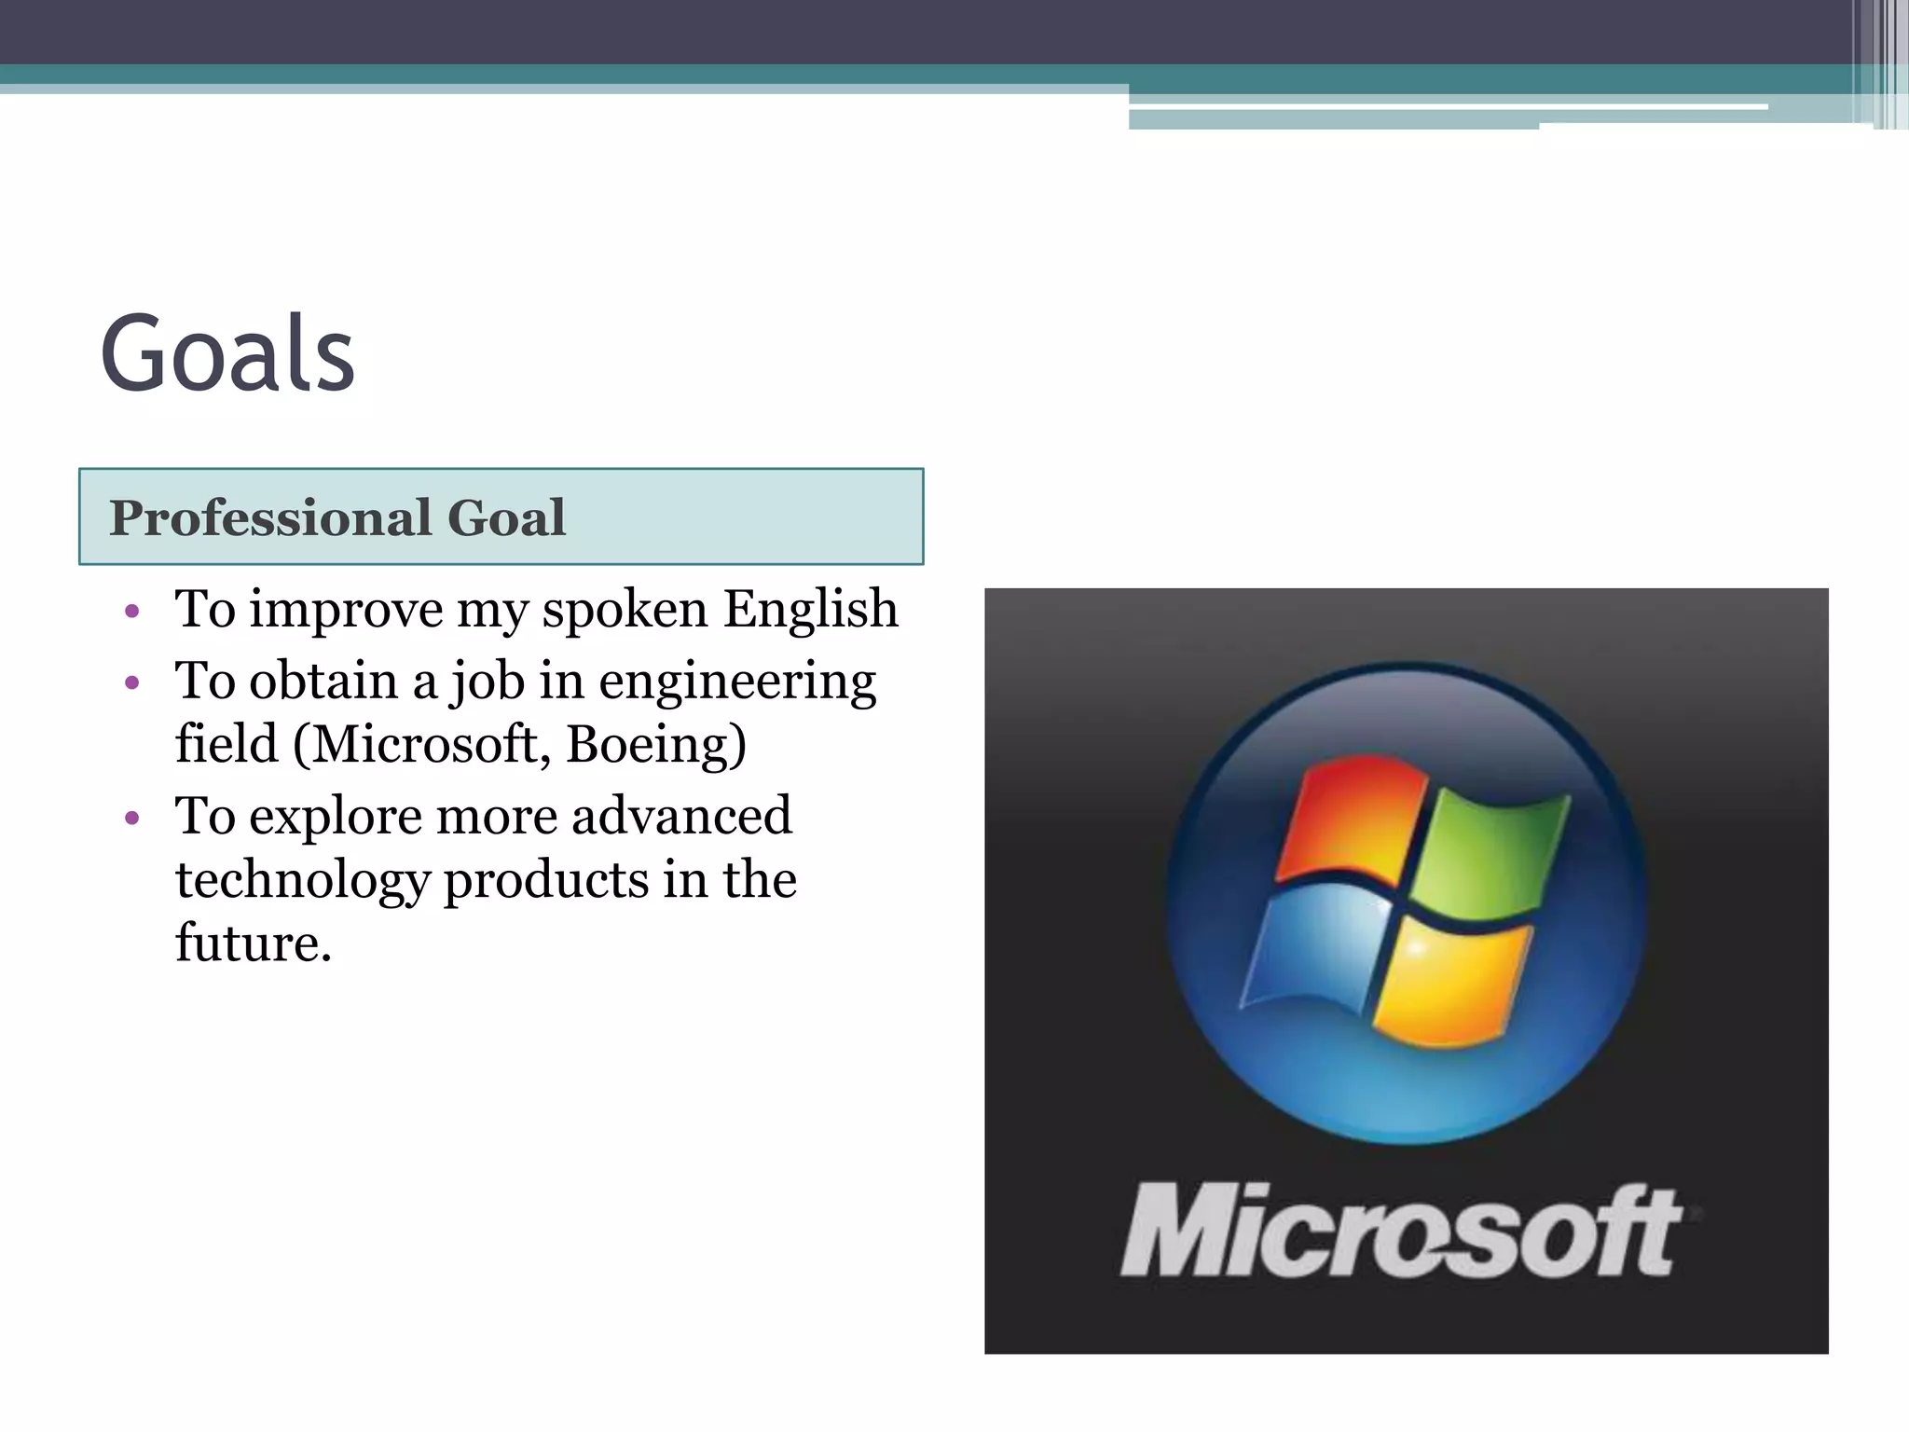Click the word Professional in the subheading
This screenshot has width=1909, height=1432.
[270, 517]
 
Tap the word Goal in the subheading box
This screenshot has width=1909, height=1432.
[506, 517]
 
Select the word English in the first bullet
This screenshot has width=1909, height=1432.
[811, 610]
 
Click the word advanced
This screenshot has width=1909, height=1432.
[681, 816]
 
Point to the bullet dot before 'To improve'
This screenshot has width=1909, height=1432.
[132, 612]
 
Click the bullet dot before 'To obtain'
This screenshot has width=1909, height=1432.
[132, 682]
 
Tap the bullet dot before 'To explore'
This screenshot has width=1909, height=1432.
[132, 818]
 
